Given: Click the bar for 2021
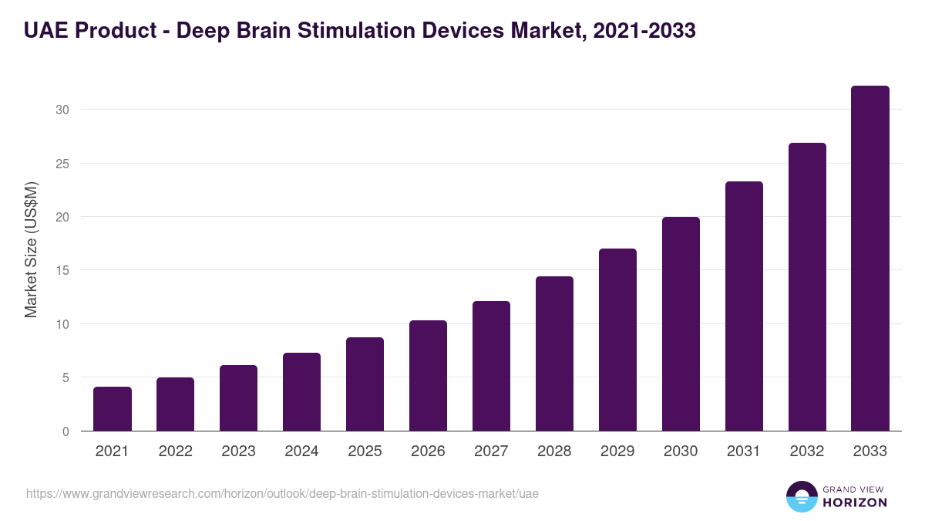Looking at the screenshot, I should coord(113,409).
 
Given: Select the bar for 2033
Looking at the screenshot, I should coord(870,259).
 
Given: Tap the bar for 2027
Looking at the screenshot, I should coord(491,366).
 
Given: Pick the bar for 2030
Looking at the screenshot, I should coord(681,324).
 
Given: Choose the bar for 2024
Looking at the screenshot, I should coord(301,392).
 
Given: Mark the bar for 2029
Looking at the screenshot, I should coord(617,340).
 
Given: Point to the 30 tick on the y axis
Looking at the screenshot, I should coord(62,110).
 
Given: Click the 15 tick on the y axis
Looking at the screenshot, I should coord(62,270).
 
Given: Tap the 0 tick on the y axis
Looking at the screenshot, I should coord(66,431).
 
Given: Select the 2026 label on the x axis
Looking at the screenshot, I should coord(428,452).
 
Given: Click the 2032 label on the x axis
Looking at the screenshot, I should coord(807,452).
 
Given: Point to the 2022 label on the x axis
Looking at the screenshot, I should coord(175,452).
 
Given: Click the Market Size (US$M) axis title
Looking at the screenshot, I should coord(31,249).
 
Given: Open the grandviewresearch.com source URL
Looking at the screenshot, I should coord(282,493).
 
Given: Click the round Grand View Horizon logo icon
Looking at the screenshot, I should coord(801,496).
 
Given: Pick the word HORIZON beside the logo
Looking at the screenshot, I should coord(854,502).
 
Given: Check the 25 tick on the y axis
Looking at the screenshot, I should coord(62,164).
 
